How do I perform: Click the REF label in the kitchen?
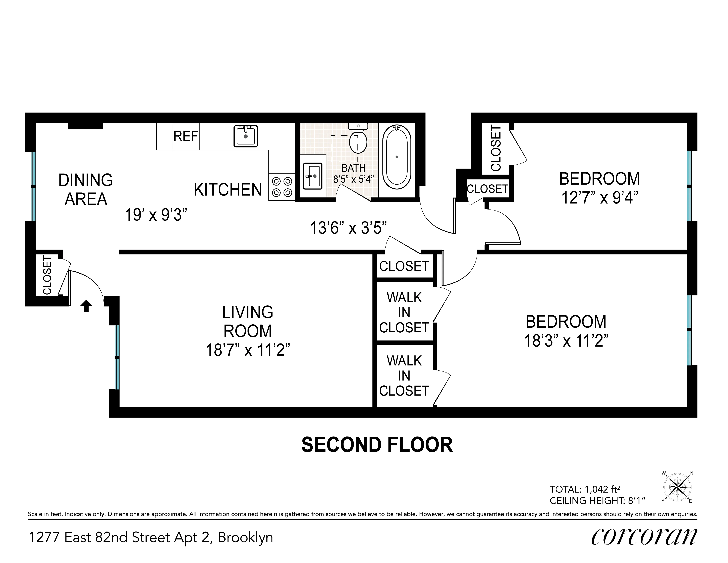tap(186, 136)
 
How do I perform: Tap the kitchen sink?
tap(246, 136)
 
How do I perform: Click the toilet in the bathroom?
tap(358, 140)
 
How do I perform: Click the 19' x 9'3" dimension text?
tap(156, 215)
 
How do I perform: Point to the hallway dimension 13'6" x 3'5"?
tap(348, 228)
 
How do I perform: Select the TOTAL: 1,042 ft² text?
tap(585, 489)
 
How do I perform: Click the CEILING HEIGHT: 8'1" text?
tap(597, 501)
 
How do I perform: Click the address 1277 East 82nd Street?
tap(151, 538)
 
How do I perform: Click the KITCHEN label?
tap(228, 190)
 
